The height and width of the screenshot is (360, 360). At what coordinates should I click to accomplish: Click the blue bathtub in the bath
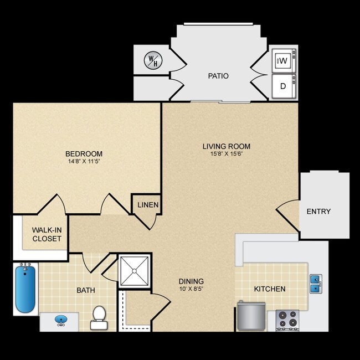(x=25, y=290)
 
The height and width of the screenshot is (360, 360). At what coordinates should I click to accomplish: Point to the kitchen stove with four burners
(x=287, y=320)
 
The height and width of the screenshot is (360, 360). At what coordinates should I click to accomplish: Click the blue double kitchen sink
(x=315, y=284)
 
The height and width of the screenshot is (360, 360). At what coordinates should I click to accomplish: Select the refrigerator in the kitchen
(x=249, y=316)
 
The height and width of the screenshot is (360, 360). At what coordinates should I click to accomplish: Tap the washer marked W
(x=282, y=60)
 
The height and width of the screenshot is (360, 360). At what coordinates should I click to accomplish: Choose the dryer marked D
(x=282, y=86)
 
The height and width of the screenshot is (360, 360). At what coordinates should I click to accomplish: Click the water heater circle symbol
(x=151, y=59)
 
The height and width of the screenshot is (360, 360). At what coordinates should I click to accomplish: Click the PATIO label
(x=219, y=76)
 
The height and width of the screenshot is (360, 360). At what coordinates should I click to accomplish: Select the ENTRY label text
(x=318, y=211)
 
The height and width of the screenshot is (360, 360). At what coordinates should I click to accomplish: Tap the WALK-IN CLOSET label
(x=47, y=234)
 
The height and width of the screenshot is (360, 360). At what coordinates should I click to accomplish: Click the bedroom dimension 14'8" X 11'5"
(x=84, y=162)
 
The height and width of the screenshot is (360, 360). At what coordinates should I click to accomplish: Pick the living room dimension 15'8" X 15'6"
(x=226, y=155)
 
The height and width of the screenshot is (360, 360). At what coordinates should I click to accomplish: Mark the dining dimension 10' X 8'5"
(x=191, y=289)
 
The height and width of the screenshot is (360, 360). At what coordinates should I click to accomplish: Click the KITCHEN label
(x=270, y=289)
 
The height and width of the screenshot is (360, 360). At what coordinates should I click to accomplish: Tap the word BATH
(x=86, y=290)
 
